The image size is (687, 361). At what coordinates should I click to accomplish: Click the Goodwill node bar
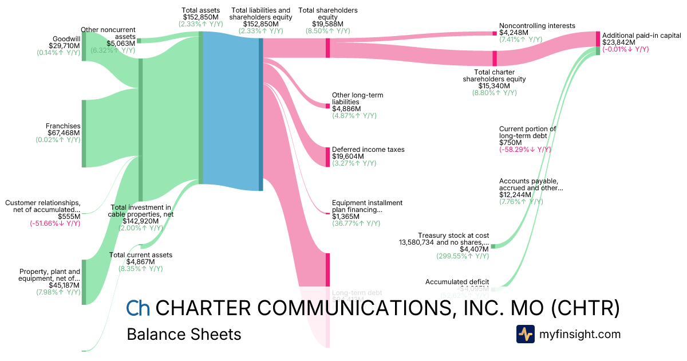[x=84, y=46]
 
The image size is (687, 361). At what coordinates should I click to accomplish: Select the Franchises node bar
[x=84, y=134]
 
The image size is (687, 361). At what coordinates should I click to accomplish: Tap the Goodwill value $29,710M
[x=64, y=45]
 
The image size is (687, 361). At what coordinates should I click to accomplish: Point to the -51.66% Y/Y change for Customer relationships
[x=55, y=223]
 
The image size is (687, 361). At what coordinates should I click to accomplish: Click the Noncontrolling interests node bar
[x=495, y=33]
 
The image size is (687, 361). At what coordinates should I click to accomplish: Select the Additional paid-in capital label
[x=641, y=35]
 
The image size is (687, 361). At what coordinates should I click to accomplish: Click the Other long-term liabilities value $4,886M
[x=346, y=109]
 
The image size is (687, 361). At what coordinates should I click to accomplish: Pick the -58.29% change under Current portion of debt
[x=525, y=150]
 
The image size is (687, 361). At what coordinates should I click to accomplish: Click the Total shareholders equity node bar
[x=328, y=48]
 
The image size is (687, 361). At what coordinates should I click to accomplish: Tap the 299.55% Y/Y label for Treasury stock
[x=463, y=256]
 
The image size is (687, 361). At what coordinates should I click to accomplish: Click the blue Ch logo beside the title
[x=138, y=309]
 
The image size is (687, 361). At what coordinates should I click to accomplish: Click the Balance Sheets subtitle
[x=184, y=334]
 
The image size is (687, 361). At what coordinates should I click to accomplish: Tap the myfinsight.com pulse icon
[x=525, y=334]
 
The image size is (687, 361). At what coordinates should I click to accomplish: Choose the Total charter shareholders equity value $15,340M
[x=494, y=86]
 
